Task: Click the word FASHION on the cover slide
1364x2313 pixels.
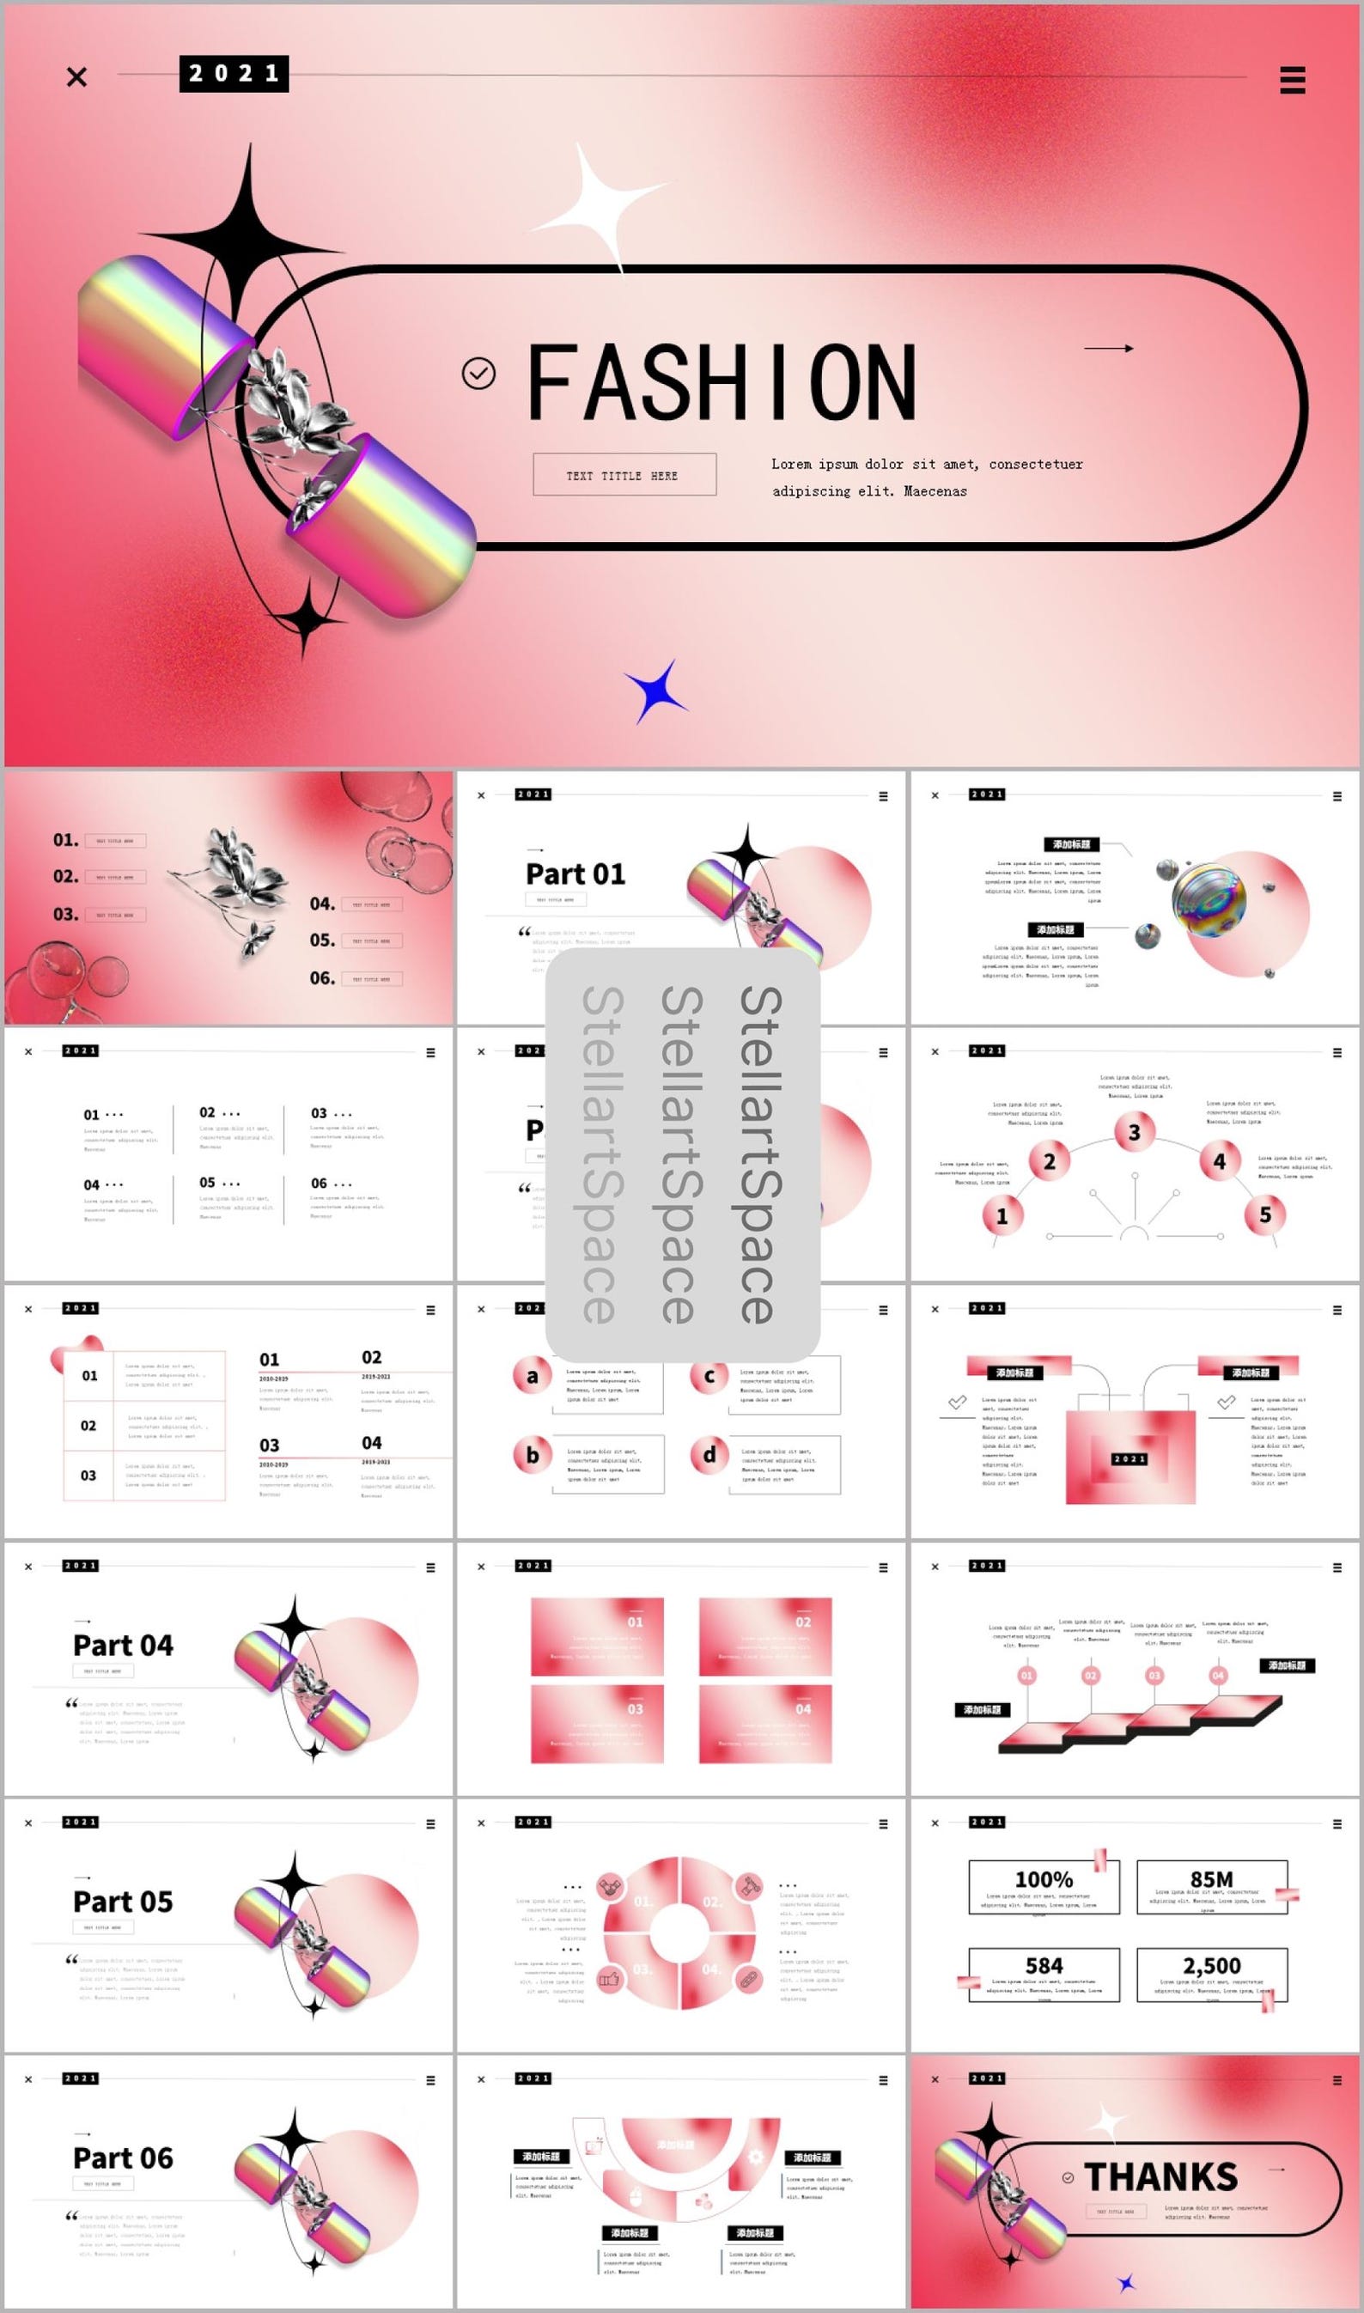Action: click(722, 382)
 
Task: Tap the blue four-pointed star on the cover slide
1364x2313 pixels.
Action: click(655, 691)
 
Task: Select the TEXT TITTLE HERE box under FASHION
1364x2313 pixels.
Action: click(624, 474)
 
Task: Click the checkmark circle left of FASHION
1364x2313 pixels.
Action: click(478, 373)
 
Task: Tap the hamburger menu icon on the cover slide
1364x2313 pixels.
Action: click(1293, 80)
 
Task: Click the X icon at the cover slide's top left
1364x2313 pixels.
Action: click(77, 77)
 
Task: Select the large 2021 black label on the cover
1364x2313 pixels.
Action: click(234, 74)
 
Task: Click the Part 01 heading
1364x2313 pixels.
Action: click(575, 873)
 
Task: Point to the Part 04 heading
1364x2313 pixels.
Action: click(123, 1645)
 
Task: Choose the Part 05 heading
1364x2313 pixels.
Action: click(123, 1902)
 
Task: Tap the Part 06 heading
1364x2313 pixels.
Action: click(123, 2158)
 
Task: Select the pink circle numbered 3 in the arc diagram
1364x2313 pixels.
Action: click(1134, 1132)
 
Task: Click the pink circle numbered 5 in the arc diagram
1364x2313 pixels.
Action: click(1264, 1214)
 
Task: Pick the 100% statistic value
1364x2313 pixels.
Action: click(1044, 1879)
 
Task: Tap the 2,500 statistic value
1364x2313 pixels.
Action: click(1211, 1966)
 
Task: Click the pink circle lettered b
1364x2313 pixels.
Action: click(533, 1455)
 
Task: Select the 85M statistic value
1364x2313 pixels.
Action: click(1211, 1879)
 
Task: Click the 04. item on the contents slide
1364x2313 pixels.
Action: click(322, 904)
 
